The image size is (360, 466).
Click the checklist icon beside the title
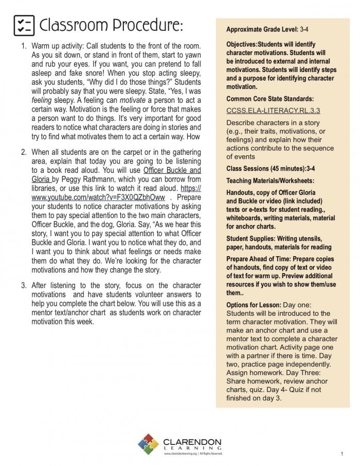pyautogui.click(x=23, y=25)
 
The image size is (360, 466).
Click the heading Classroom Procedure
pyautogui.click(x=111, y=25)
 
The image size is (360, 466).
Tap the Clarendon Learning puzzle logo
pyautogui.click(x=149, y=445)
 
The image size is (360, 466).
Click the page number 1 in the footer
pyautogui.click(x=341, y=454)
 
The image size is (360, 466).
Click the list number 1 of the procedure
pyautogui.click(x=23, y=46)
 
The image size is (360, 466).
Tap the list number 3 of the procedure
pyautogui.click(x=23, y=285)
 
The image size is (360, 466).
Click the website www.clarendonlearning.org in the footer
pyautogui.click(x=181, y=454)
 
